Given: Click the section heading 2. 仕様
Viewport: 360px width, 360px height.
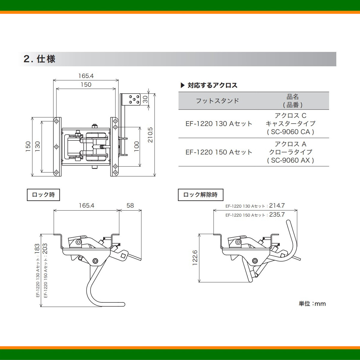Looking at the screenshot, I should [40, 59].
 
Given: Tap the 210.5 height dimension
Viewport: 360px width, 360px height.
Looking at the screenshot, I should [150, 135].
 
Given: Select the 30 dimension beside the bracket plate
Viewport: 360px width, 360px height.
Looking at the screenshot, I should [145, 99].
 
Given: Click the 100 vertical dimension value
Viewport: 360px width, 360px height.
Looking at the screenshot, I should [137, 146].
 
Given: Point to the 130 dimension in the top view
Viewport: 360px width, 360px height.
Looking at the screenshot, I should [37, 146].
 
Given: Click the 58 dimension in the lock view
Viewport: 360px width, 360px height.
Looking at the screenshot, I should [130, 205].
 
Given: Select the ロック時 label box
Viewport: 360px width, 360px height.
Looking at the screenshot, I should [43, 195].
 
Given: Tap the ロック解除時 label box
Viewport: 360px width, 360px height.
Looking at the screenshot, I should [200, 195].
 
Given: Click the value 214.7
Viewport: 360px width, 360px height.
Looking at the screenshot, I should [277, 205].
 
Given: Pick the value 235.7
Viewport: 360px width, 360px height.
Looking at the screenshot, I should [277, 214].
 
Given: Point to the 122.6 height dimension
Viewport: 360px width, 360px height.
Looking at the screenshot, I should [195, 258].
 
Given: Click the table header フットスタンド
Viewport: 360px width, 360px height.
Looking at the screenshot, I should [217, 101].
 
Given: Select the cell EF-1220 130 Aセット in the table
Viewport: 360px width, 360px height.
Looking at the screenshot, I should [219, 124].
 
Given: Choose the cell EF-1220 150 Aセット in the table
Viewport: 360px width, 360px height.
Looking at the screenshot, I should [219, 152].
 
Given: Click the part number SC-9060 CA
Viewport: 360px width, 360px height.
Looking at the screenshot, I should [290, 132].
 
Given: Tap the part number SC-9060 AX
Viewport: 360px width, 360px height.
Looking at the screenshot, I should [290, 160].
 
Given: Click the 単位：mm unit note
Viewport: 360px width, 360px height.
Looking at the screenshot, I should [312, 304].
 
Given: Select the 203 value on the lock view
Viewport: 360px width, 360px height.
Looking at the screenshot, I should [45, 249].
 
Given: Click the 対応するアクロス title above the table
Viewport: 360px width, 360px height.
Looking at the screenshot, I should [212, 85].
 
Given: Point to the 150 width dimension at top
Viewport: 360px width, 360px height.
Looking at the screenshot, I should [86, 85].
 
